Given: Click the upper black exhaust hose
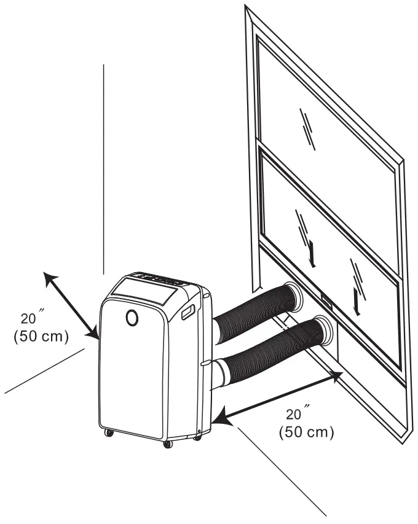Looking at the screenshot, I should click(252, 312).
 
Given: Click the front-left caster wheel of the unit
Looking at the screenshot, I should click(109, 433).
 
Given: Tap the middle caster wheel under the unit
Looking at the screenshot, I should click(167, 444).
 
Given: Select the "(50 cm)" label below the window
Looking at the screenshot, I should click(307, 431).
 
